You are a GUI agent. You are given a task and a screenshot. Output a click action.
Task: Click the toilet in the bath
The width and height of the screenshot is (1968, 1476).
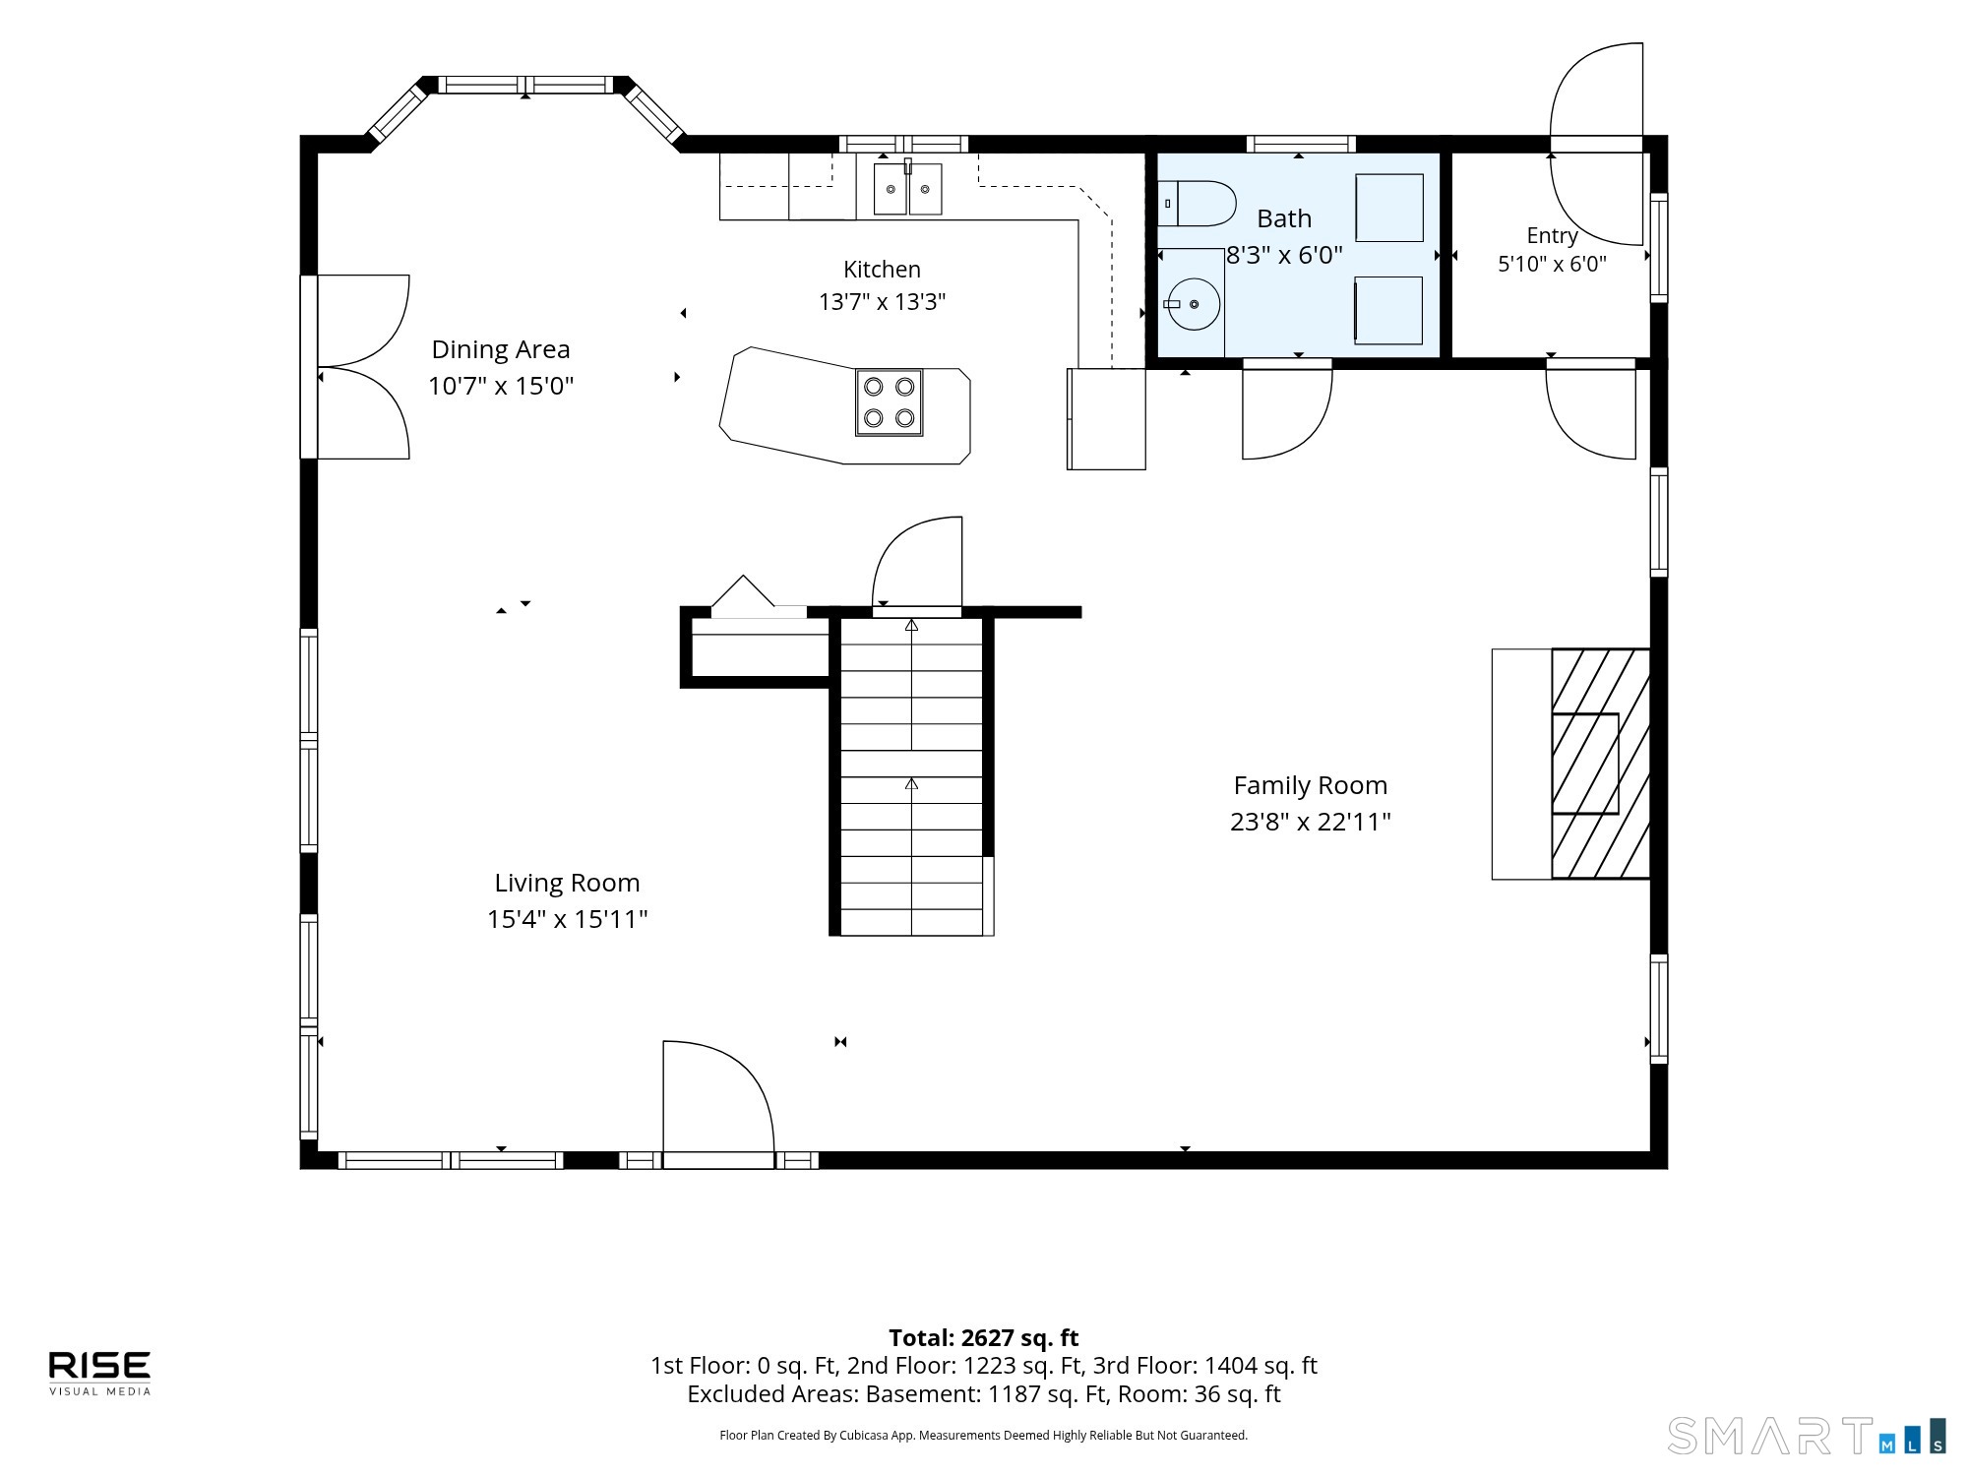(x=1196, y=204)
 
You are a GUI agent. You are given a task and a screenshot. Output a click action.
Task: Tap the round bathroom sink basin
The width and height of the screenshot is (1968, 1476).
(x=1194, y=304)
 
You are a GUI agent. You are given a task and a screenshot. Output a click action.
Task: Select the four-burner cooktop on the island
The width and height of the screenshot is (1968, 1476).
(x=889, y=402)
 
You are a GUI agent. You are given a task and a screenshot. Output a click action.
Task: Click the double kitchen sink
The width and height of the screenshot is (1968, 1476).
(x=907, y=189)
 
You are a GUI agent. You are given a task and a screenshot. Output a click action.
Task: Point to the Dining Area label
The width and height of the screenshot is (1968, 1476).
(x=501, y=349)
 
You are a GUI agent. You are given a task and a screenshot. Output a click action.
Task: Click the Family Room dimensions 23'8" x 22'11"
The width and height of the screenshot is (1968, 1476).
(x=1311, y=822)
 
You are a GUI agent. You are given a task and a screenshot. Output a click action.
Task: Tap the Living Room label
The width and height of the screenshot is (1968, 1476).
(x=567, y=883)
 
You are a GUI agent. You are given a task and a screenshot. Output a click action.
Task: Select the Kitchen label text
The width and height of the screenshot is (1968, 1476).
(x=883, y=270)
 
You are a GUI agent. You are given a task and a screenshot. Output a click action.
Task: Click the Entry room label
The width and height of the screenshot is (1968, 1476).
(x=1552, y=236)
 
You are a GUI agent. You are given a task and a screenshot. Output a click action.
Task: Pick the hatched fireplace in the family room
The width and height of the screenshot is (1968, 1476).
(x=1601, y=764)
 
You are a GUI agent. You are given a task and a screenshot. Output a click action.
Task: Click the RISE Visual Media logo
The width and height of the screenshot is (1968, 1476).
(x=100, y=1373)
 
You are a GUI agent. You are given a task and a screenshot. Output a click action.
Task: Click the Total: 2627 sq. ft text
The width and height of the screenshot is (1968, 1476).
(x=984, y=1338)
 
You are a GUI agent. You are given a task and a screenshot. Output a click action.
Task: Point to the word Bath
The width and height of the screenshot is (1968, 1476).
(x=1284, y=218)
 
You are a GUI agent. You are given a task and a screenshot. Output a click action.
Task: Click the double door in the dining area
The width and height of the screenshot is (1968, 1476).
(x=355, y=367)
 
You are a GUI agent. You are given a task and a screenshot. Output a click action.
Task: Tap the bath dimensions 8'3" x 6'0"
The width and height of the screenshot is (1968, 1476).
(x=1284, y=256)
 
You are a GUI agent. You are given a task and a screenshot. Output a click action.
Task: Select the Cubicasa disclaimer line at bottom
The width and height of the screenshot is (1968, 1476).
(x=984, y=1436)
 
